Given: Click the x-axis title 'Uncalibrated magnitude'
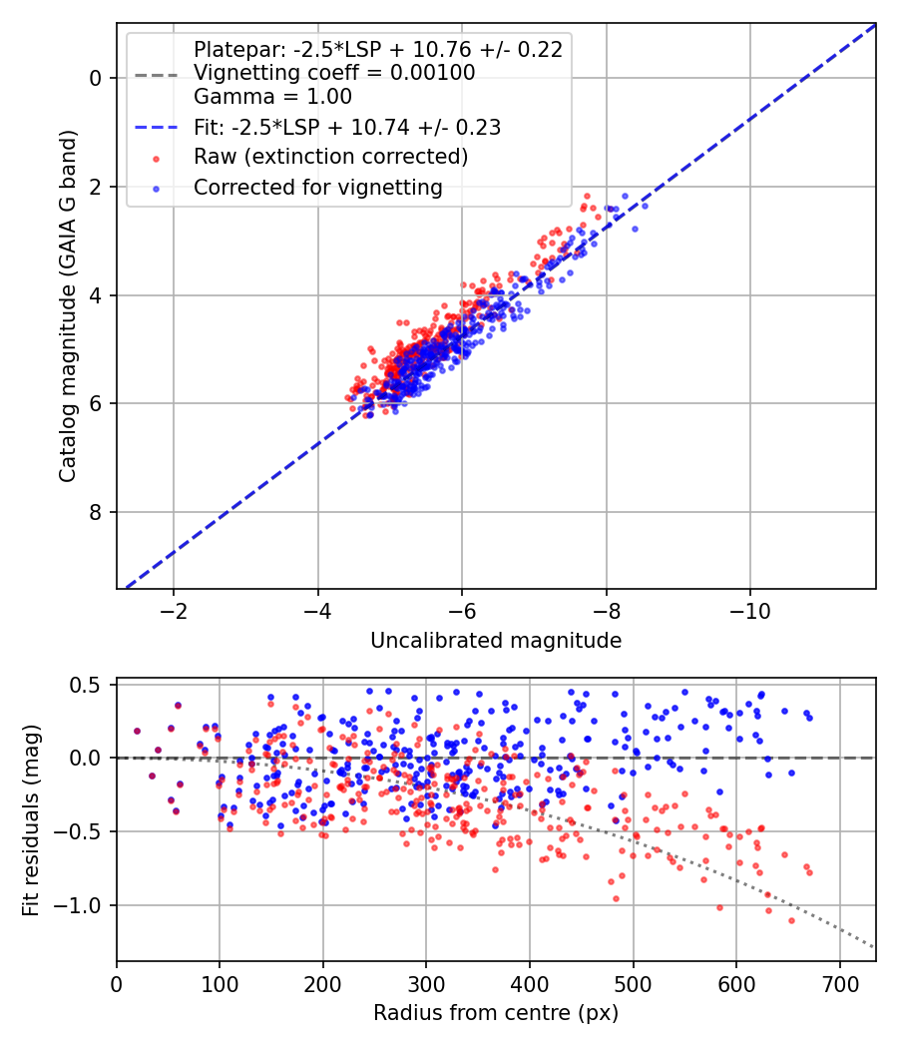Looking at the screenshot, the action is (496, 641).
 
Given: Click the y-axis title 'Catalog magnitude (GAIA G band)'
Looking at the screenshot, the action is (68, 306).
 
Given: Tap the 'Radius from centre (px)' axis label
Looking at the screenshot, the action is (496, 1013).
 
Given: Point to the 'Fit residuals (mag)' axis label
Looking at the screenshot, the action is (31, 820).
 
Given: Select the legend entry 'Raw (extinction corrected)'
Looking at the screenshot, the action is (330, 157).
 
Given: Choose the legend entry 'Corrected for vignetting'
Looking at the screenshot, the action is (318, 188).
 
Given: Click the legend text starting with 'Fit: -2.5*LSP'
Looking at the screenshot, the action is (347, 127).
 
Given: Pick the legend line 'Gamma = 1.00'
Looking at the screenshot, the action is (272, 97).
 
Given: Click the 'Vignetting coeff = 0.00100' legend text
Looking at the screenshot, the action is (334, 73).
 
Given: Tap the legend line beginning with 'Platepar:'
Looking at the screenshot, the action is (378, 49).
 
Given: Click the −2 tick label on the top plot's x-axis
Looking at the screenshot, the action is (173, 611).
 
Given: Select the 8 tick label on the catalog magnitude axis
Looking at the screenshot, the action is (95, 512).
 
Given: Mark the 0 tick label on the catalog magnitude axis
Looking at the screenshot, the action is (95, 78).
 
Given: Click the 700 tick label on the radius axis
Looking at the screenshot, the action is (839, 984).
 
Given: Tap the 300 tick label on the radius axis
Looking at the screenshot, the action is (426, 984).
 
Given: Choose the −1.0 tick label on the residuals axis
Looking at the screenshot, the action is (77, 905).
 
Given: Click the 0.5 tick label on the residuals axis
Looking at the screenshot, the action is (86, 685).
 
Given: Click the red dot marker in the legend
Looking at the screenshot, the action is (157, 159).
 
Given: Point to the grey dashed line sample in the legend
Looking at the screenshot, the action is (157, 76).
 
